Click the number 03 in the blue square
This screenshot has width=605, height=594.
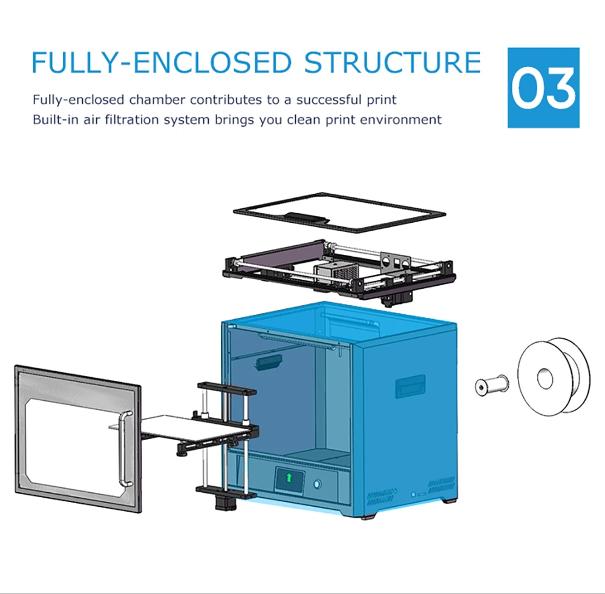click(543, 88)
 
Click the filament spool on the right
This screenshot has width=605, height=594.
click(552, 377)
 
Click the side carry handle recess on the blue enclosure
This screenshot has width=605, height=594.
click(410, 386)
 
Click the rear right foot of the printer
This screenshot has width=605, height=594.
click(448, 500)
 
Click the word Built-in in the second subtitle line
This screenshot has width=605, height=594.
click(54, 119)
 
